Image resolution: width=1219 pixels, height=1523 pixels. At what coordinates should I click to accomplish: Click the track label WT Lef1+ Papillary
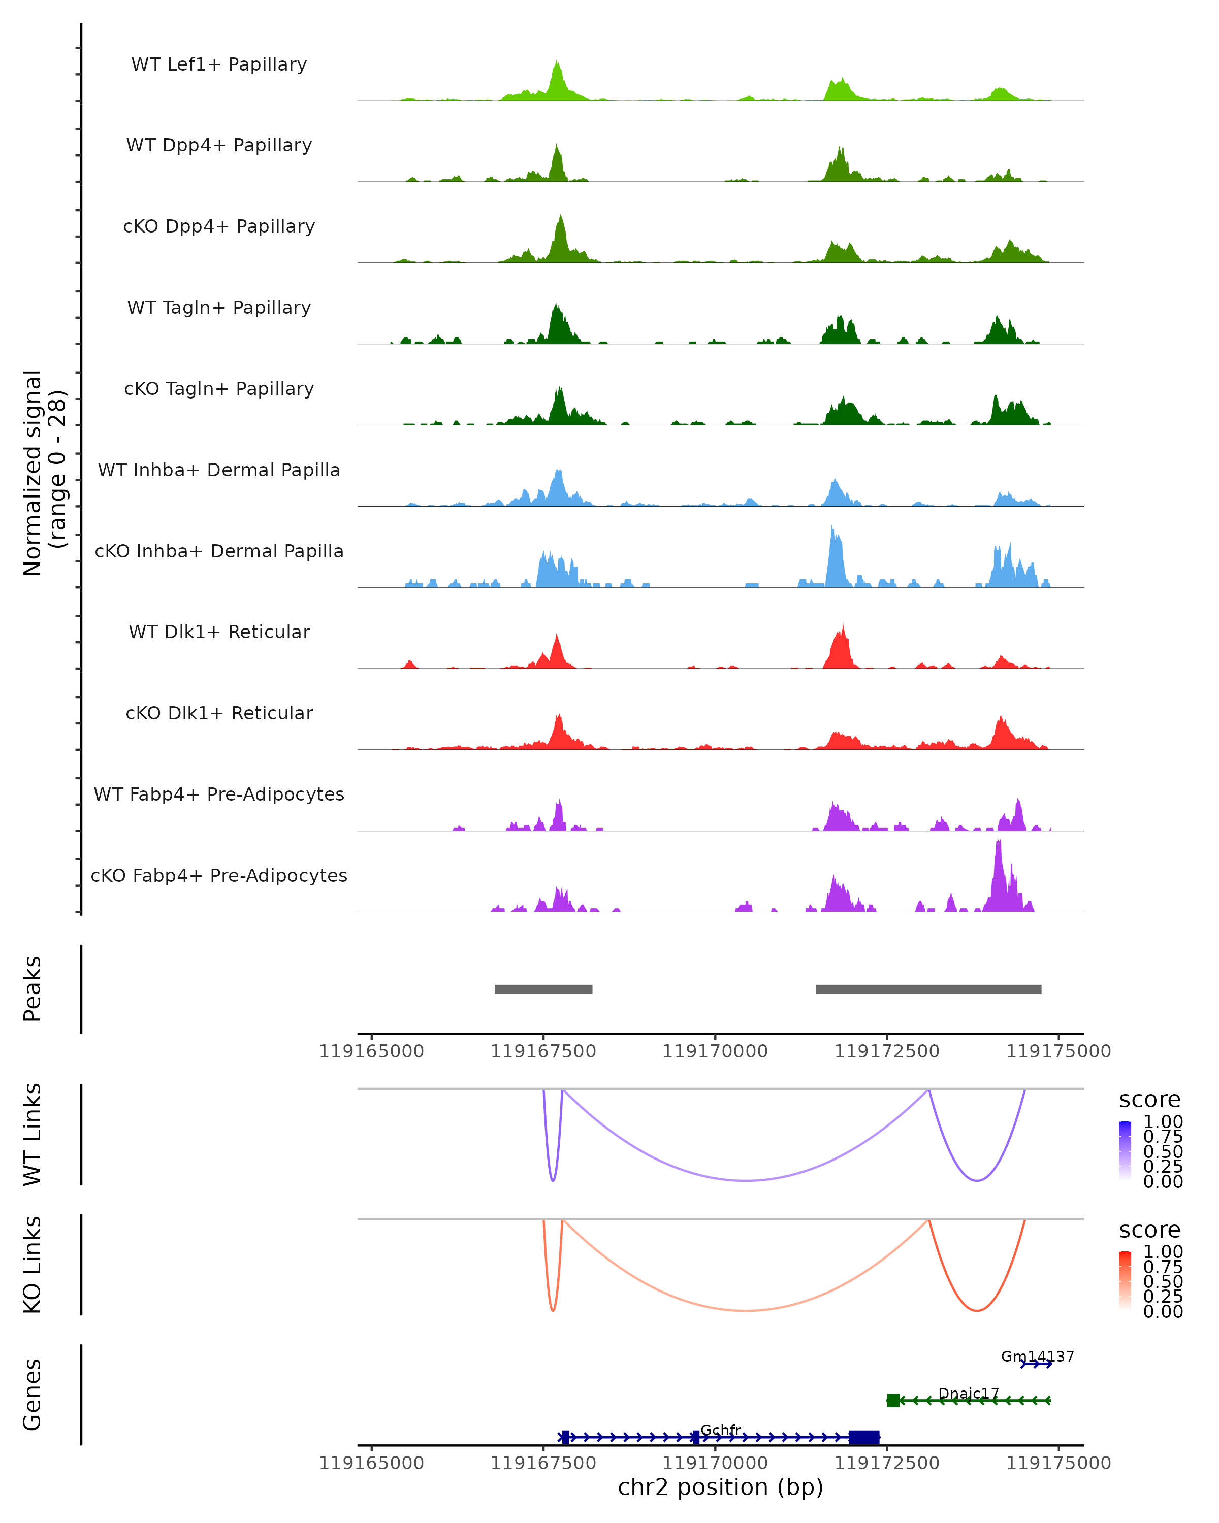[x=219, y=64]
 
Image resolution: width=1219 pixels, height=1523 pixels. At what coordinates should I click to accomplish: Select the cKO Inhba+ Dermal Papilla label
[x=219, y=551]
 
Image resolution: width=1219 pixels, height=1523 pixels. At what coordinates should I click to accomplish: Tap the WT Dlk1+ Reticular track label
[x=219, y=632]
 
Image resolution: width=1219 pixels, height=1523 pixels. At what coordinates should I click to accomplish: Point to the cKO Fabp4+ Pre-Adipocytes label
[x=219, y=875]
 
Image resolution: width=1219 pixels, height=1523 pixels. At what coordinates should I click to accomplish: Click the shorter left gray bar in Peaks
[x=543, y=989]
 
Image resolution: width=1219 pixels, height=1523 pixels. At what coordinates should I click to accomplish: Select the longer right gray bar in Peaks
[x=928, y=989]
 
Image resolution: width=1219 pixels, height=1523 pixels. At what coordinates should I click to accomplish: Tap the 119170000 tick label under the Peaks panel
[x=715, y=1052]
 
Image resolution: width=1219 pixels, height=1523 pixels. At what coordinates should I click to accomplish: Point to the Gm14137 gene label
[x=1037, y=1356]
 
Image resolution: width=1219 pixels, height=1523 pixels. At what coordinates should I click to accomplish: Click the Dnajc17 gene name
[x=968, y=1393]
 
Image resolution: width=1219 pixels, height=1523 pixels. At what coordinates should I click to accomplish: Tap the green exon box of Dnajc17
[x=893, y=1400]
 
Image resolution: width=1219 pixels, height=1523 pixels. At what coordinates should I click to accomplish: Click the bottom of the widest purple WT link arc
[x=746, y=1180]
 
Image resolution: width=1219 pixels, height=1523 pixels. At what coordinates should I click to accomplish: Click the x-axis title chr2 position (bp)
[x=720, y=1487]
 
